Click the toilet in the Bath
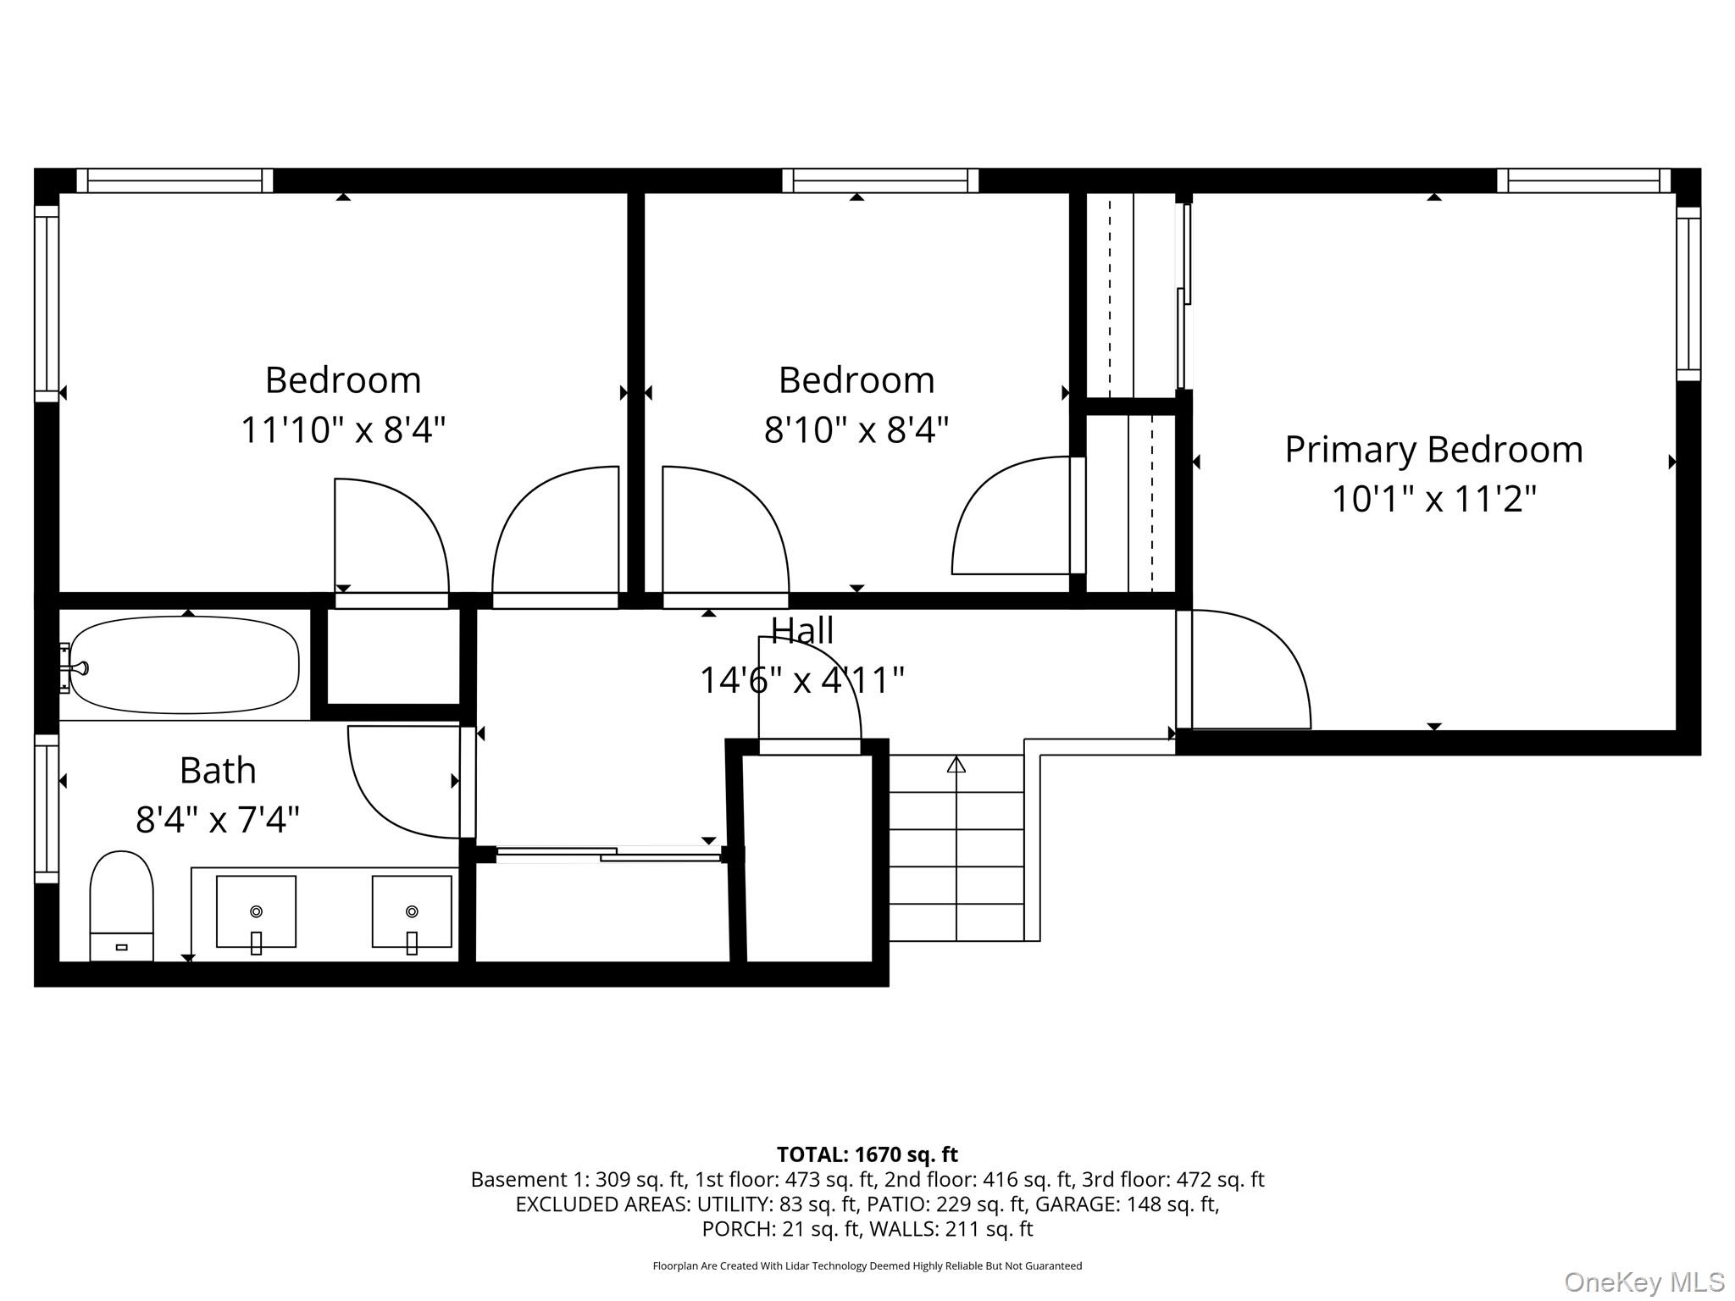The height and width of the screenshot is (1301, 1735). [121, 906]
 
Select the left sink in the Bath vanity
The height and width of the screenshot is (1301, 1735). [256, 912]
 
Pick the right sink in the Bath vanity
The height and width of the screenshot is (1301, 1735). [412, 912]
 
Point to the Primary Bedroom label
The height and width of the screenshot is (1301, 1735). [1433, 450]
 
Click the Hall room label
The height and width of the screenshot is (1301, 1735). [802, 630]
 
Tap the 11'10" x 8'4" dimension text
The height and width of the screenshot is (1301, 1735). [343, 429]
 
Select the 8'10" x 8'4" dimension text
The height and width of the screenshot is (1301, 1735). [856, 429]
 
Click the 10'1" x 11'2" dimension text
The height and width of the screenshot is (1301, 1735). [1433, 499]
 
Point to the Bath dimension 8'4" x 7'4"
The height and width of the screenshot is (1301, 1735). [218, 820]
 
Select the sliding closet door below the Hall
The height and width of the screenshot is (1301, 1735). [608, 854]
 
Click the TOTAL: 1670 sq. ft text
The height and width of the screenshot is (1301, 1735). [867, 1154]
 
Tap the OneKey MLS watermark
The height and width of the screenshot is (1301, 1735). [1644, 1282]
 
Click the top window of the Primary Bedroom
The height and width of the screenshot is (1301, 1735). [1583, 180]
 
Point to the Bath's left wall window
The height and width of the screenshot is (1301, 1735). [47, 809]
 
